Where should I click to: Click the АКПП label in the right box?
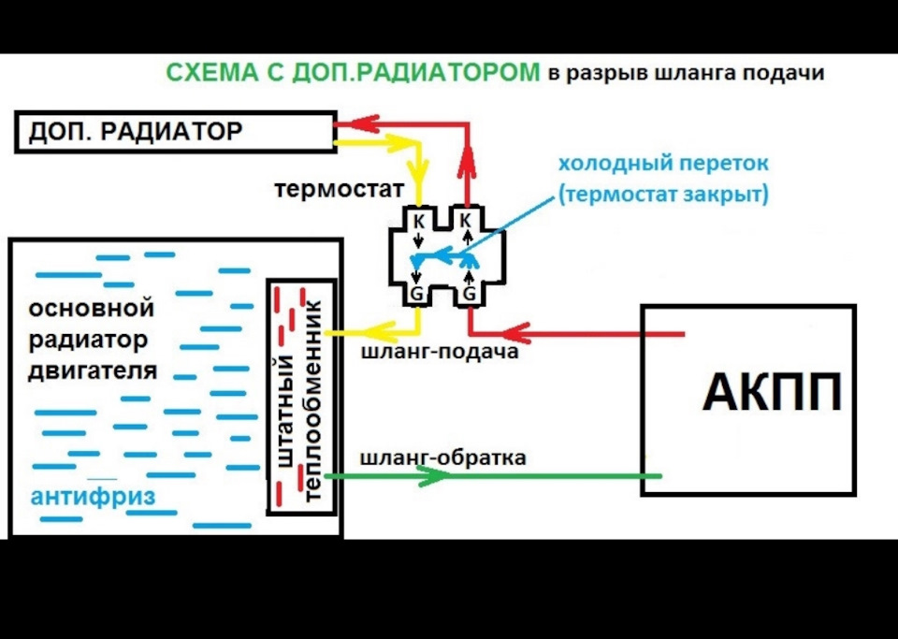pos(772,394)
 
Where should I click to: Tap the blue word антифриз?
pos(93,496)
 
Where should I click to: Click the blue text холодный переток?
pos(663,164)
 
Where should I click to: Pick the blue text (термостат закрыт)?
pos(663,195)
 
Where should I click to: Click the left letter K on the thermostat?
pos(418,220)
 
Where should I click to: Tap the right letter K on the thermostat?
pos(469,220)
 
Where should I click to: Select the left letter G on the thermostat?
pos(418,295)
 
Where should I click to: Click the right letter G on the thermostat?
pos(469,295)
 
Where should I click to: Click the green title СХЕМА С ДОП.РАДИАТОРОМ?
pos(353,73)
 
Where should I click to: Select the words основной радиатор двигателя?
pos(91,339)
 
